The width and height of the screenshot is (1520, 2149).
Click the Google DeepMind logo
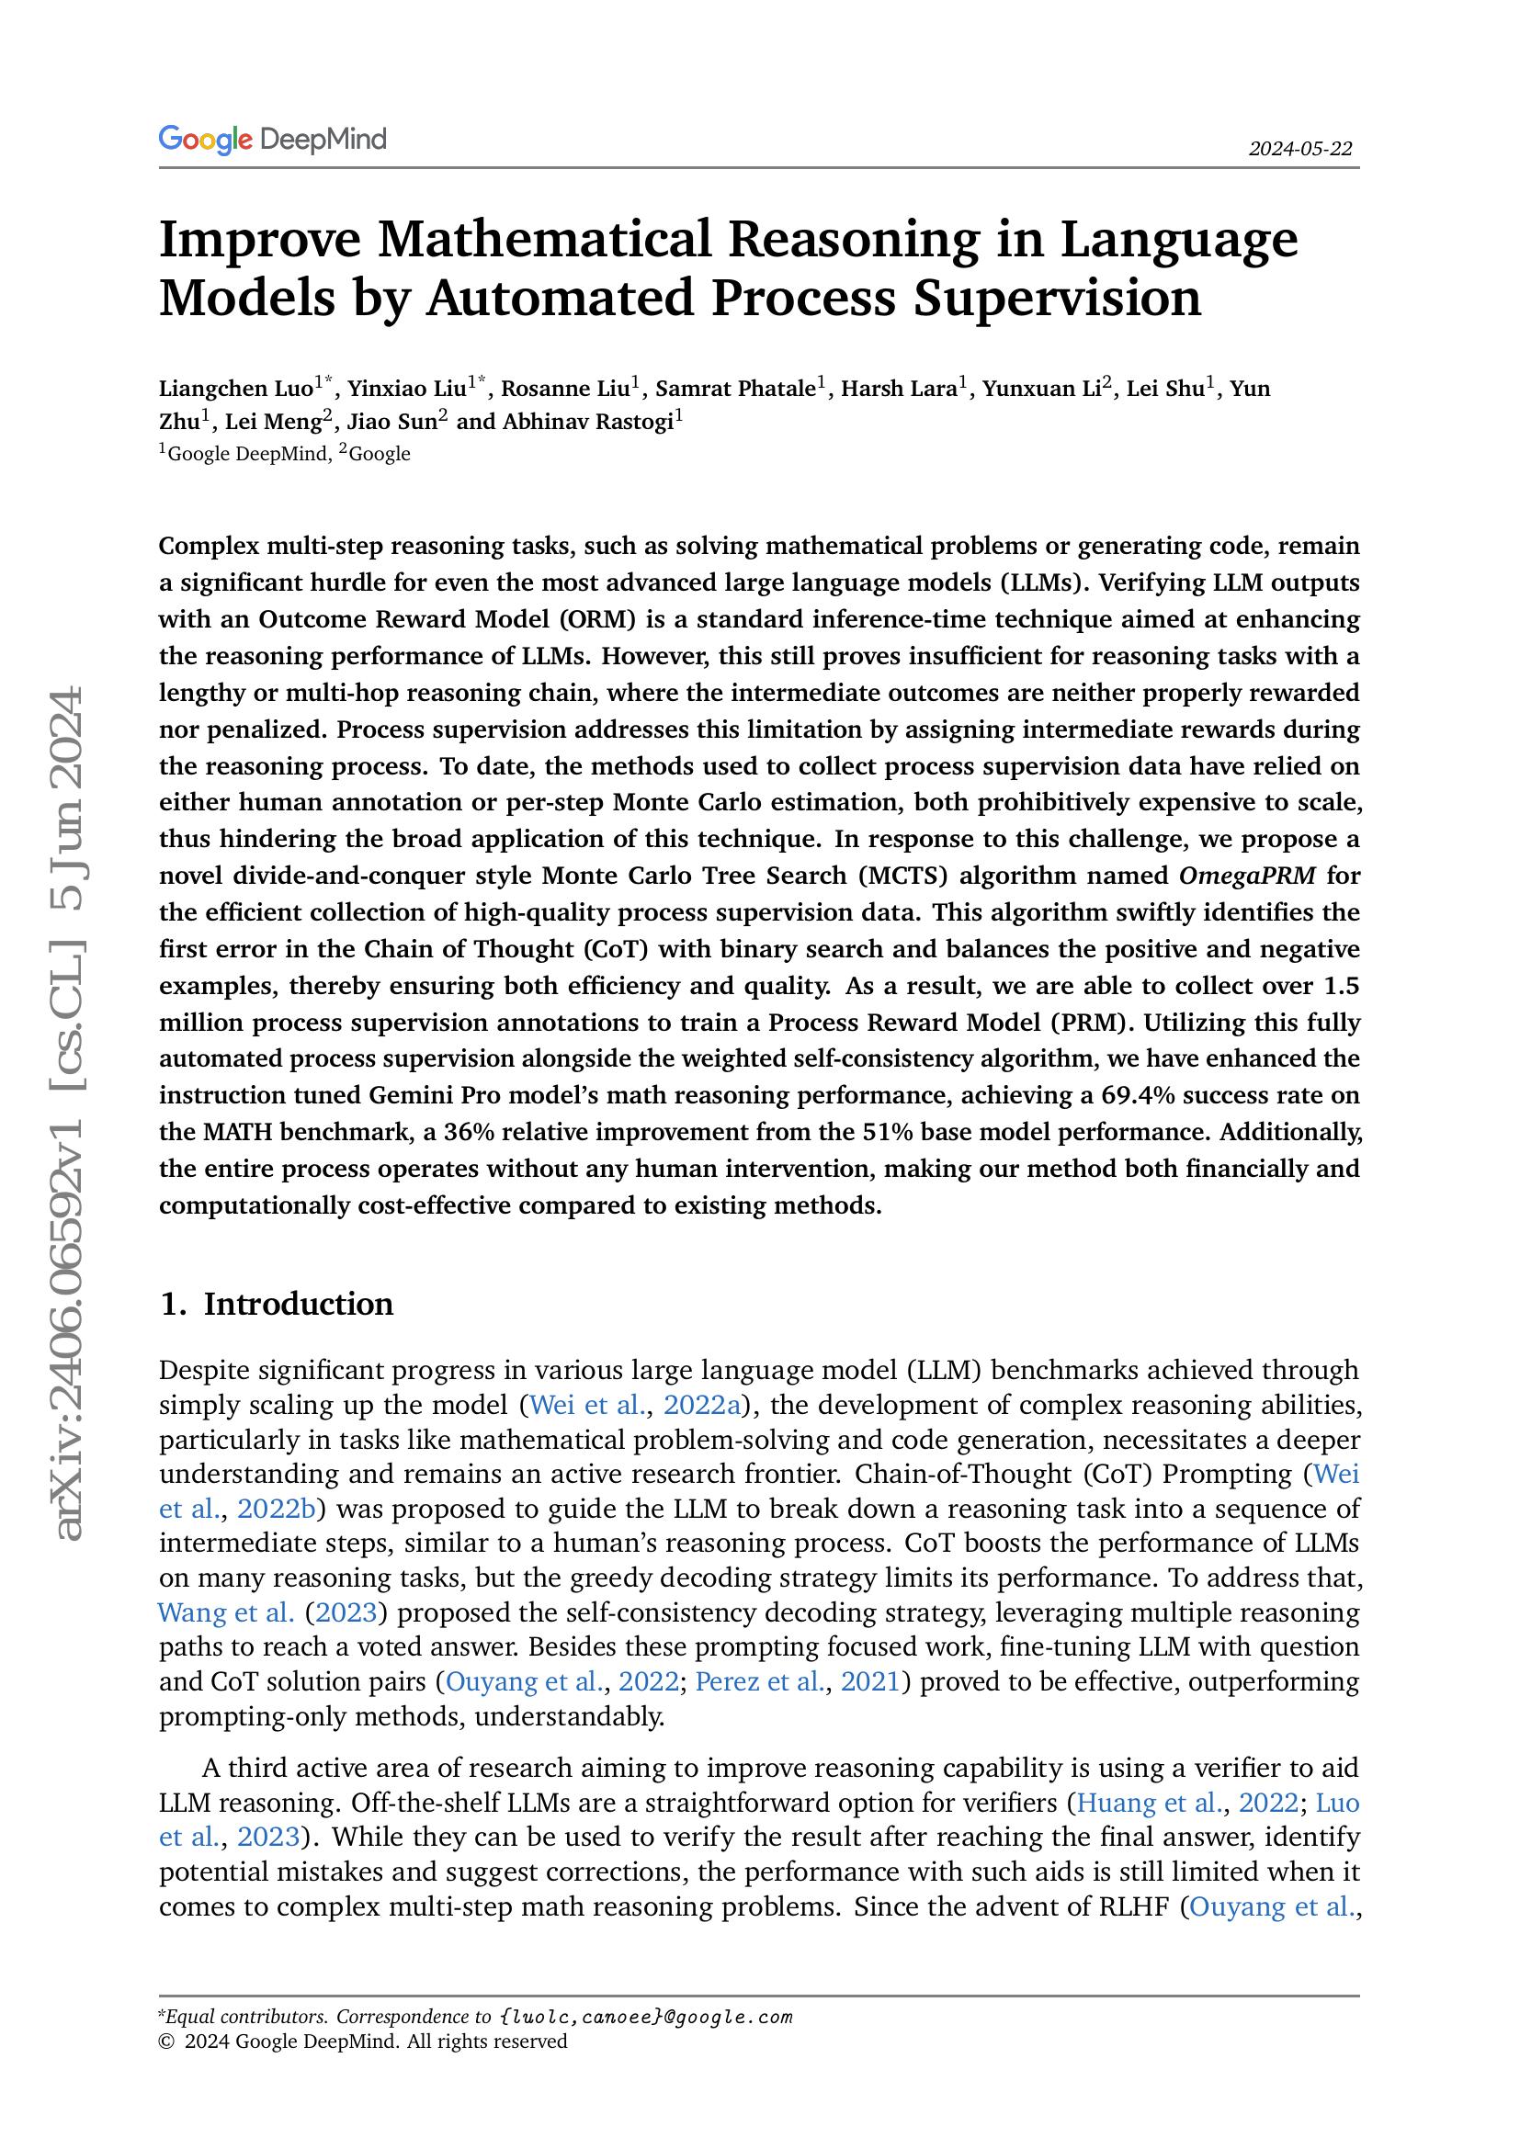pos(272,141)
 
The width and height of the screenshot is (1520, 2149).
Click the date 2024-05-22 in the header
pos(1300,149)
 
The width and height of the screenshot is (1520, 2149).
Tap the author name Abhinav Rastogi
pos(588,422)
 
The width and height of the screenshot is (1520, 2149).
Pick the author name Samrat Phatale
pos(736,389)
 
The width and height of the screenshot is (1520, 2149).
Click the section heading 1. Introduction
pos(276,1304)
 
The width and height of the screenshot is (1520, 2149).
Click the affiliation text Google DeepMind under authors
pos(247,455)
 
